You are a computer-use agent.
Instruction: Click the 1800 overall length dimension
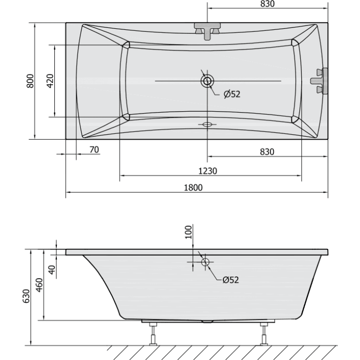(x=194, y=187)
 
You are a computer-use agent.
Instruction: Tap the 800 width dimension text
(x=30, y=81)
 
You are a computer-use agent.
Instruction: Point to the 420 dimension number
(x=49, y=81)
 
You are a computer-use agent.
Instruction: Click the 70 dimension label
(x=94, y=149)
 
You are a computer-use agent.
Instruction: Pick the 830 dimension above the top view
(x=266, y=4)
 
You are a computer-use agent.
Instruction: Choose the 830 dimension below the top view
(x=266, y=151)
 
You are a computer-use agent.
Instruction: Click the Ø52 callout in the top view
(x=232, y=94)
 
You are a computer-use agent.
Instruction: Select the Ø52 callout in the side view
(x=230, y=280)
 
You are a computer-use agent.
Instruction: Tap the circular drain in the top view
(x=207, y=81)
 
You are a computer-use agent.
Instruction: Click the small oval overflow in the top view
(x=207, y=124)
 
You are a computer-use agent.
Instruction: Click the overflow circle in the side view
(x=205, y=262)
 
